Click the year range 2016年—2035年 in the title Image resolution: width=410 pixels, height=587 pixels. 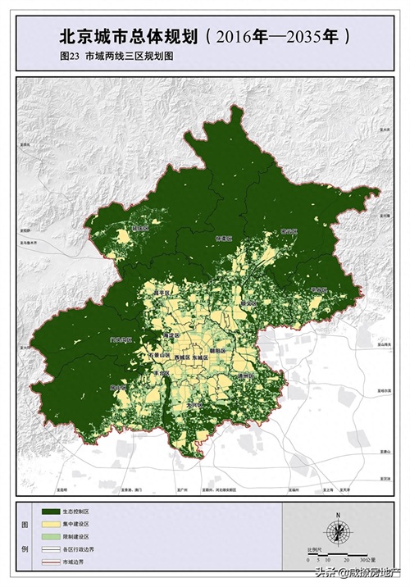282,37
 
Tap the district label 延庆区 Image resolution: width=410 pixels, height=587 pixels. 141,229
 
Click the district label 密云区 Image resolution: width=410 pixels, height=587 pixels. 289,233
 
